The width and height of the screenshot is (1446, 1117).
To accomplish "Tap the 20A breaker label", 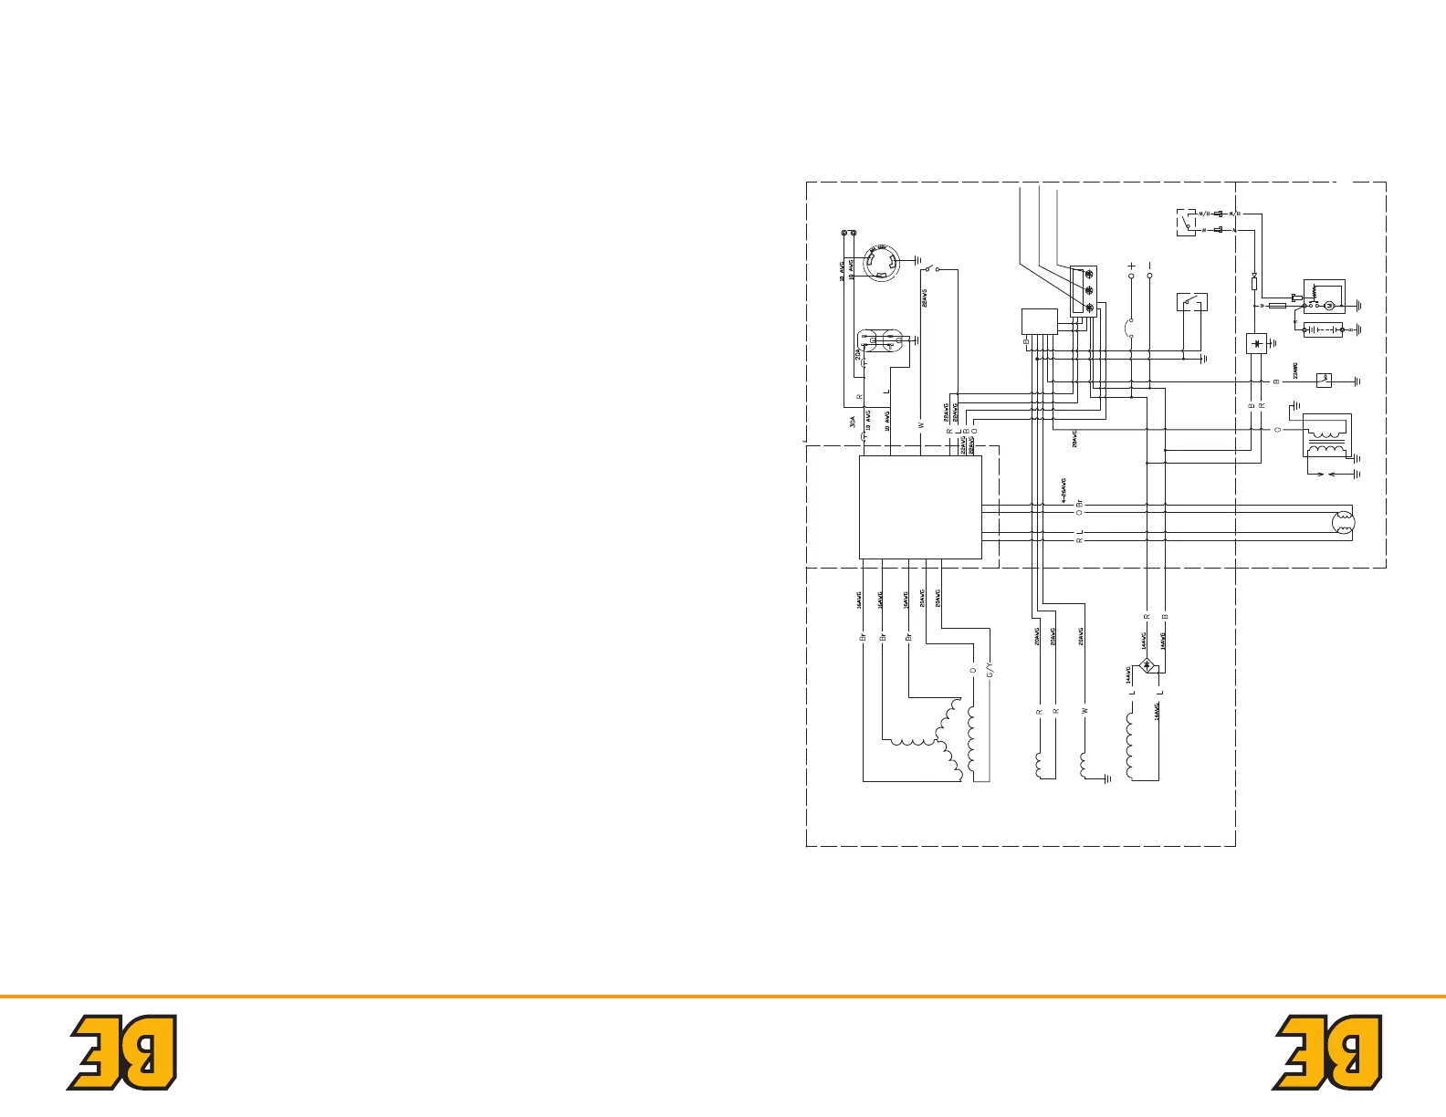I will point(856,353).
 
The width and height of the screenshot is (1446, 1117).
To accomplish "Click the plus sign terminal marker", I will point(1132,266).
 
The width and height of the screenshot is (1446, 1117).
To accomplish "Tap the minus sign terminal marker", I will point(1150,266).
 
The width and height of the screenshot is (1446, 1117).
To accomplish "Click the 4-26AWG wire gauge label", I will point(1064,490).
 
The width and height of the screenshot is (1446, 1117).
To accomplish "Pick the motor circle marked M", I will point(1329,305).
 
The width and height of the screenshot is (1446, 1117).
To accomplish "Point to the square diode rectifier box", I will point(1257,344).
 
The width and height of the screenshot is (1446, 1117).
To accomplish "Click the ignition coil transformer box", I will point(1325,435).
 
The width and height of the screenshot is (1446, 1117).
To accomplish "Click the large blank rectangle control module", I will point(920,507).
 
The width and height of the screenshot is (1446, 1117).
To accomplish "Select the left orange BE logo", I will point(122,1052).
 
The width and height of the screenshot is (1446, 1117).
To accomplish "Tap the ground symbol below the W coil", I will point(1106,779).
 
